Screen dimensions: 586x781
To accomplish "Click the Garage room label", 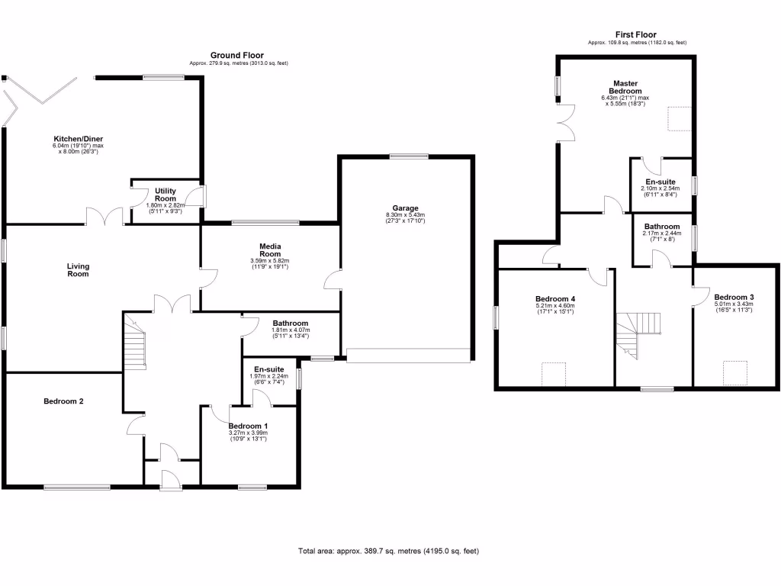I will pyautogui.click(x=405, y=208).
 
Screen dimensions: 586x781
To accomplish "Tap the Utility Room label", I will pyautogui.click(x=166, y=195).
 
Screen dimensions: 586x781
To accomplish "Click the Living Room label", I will pyautogui.click(x=78, y=270).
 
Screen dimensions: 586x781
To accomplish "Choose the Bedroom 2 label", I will pyautogui.click(x=63, y=401).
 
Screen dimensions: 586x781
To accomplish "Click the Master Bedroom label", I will pyautogui.click(x=625, y=87).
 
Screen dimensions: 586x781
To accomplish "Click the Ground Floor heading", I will pyautogui.click(x=237, y=55).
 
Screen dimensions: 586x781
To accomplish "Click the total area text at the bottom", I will pyautogui.click(x=387, y=551).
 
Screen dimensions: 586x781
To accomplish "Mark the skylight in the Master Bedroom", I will pyautogui.click(x=678, y=119).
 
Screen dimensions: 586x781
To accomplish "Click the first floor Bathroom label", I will pyautogui.click(x=661, y=227).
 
